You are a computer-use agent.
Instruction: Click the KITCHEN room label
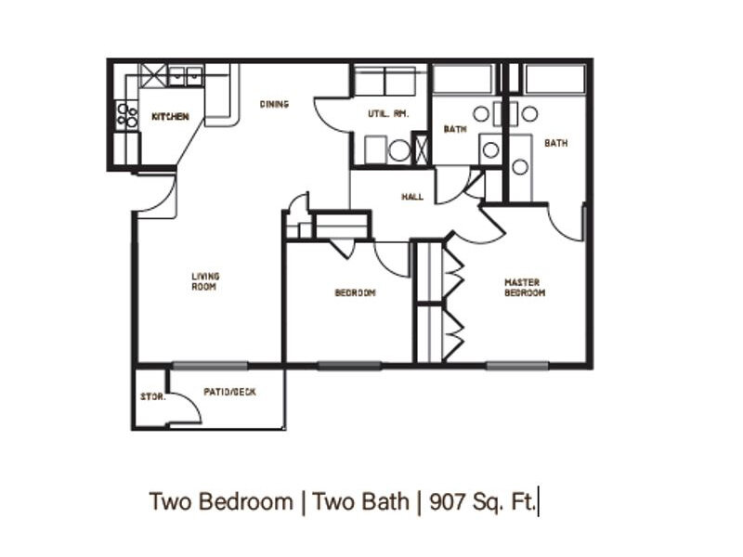[170, 117]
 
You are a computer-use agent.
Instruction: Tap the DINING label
[273, 104]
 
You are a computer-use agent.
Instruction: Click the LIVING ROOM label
[203, 281]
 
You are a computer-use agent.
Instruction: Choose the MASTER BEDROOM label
[525, 288]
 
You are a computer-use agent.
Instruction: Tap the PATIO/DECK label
[229, 392]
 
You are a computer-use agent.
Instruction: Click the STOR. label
[151, 397]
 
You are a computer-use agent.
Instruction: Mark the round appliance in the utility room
[398, 150]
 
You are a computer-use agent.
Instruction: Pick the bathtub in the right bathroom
[554, 79]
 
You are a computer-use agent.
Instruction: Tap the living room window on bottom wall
[210, 365]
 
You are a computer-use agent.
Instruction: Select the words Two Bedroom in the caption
[220, 502]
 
